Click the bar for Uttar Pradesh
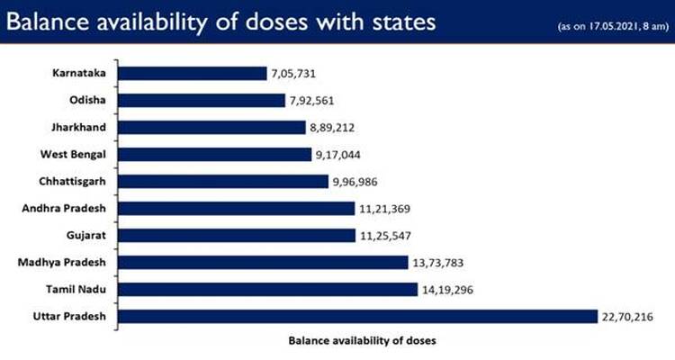click(x=357, y=316)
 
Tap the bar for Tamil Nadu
click(x=266, y=289)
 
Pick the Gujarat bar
click(x=237, y=235)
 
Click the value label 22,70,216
click(x=628, y=317)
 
